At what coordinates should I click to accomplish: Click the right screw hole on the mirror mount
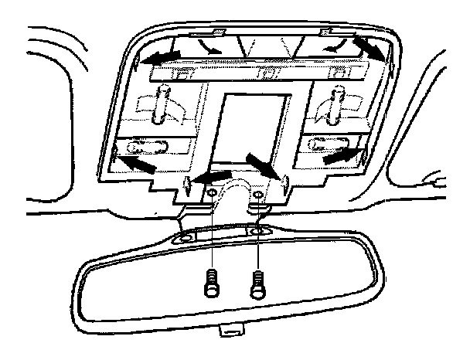pos(257,231)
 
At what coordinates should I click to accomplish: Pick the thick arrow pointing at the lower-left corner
pos(136,163)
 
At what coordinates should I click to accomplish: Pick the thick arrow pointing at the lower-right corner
pos(341,155)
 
